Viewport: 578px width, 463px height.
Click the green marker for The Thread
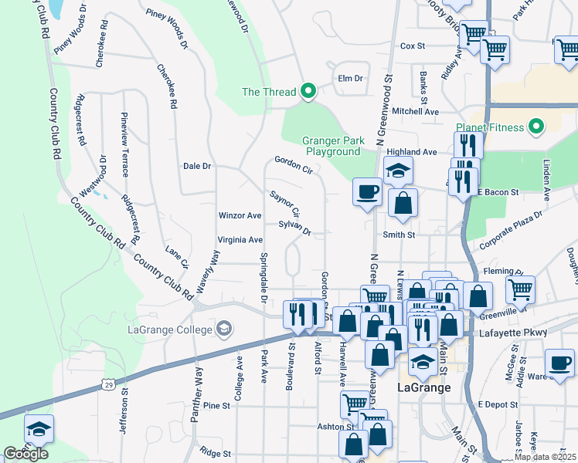(x=308, y=92)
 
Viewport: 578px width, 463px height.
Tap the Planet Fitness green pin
(x=535, y=127)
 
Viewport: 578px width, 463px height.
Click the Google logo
(x=25, y=454)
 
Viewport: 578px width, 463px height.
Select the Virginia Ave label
(x=240, y=240)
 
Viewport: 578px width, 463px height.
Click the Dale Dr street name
(x=197, y=166)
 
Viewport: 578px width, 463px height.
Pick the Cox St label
(x=413, y=46)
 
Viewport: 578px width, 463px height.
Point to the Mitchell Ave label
(x=416, y=111)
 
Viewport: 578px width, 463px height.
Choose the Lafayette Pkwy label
(x=522, y=332)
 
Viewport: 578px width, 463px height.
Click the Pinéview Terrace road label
(x=124, y=144)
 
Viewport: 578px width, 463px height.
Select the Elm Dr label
(x=350, y=79)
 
